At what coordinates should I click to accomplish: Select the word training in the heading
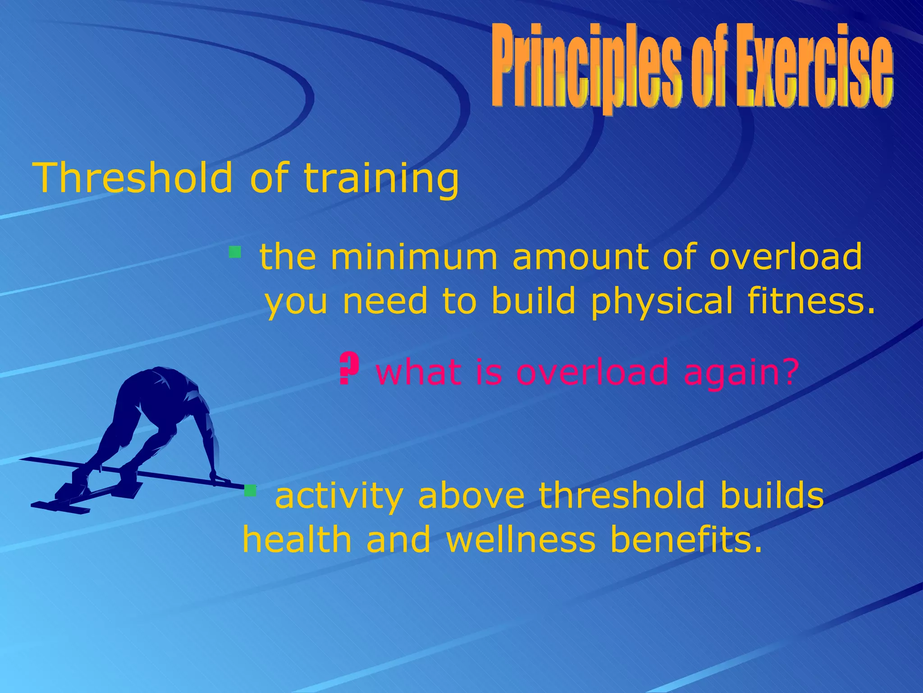click(381, 180)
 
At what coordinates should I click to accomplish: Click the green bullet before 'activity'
click(250, 490)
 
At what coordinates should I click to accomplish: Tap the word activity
click(338, 495)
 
